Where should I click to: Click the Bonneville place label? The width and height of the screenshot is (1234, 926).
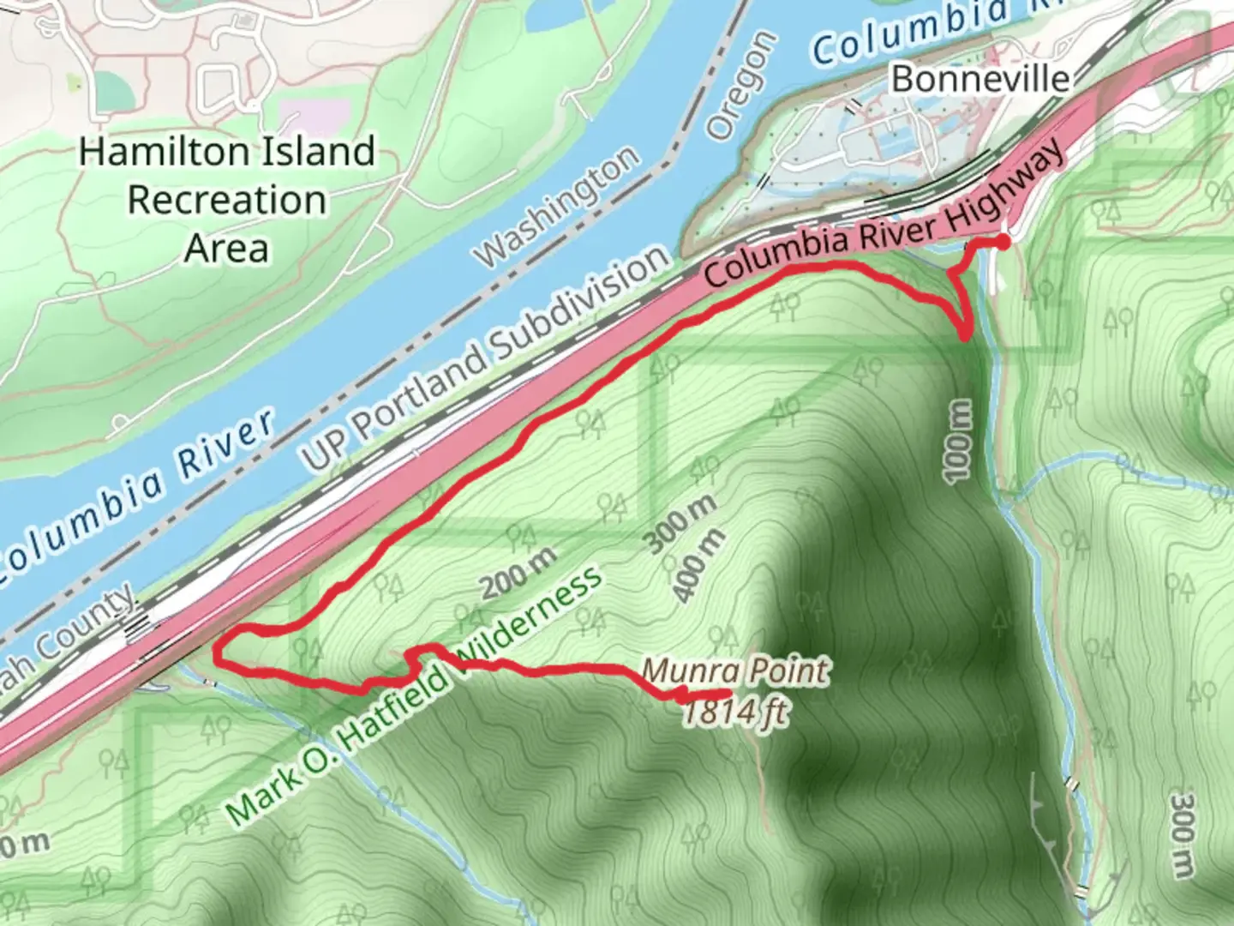pyautogui.click(x=980, y=79)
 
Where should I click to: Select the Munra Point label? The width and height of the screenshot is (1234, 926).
pyautogui.click(x=735, y=670)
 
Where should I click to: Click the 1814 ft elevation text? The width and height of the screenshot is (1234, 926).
pyautogui.click(x=735, y=712)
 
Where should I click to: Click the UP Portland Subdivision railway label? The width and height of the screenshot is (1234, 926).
pyautogui.click(x=484, y=360)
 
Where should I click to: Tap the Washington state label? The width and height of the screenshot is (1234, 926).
pyautogui.click(x=558, y=206)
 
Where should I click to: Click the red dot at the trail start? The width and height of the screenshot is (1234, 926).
pyautogui.click(x=1003, y=243)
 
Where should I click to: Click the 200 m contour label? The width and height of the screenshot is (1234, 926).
pyautogui.click(x=519, y=573)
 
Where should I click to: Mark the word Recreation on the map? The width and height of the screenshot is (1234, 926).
pyautogui.click(x=227, y=201)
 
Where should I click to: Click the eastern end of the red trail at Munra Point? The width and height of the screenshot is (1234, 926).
pyautogui.click(x=728, y=693)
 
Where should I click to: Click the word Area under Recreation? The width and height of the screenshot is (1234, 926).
pyautogui.click(x=227, y=249)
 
